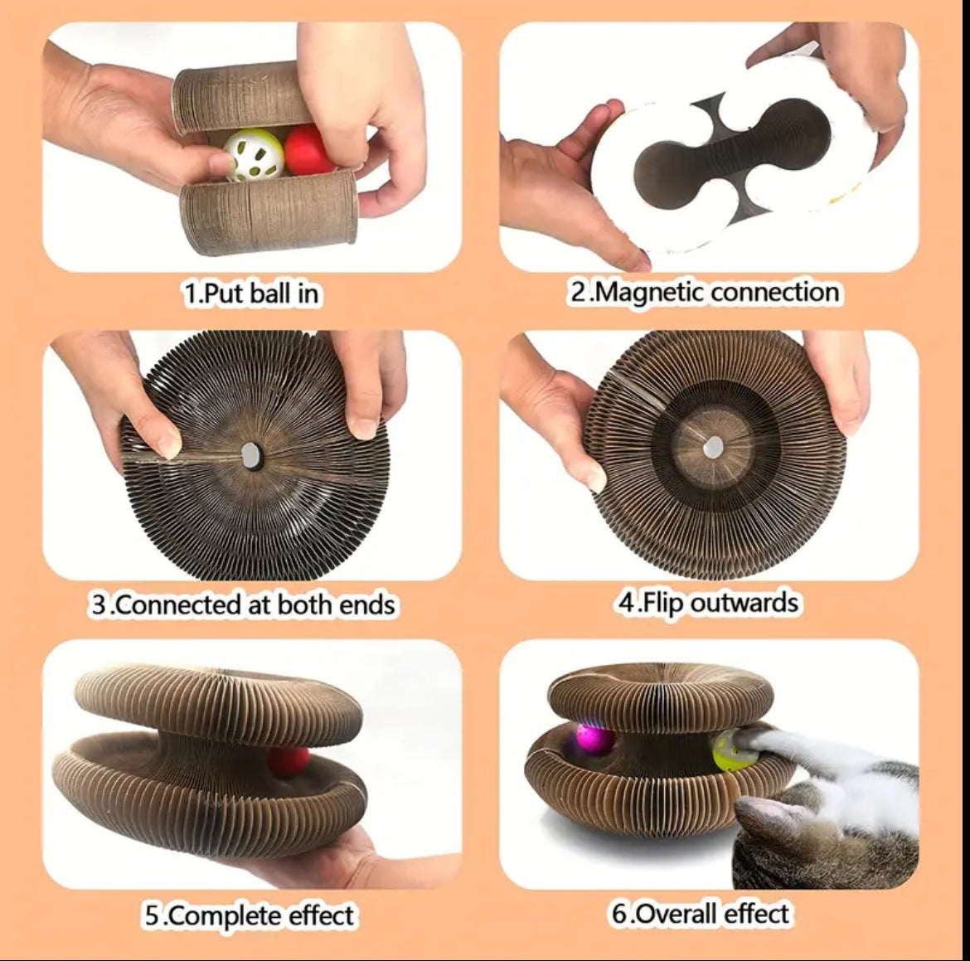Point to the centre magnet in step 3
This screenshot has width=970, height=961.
click(251, 454)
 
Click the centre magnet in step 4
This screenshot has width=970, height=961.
click(713, 446)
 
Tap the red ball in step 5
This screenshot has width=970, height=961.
click(288, 760)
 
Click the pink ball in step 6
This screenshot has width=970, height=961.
click(594, 739)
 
